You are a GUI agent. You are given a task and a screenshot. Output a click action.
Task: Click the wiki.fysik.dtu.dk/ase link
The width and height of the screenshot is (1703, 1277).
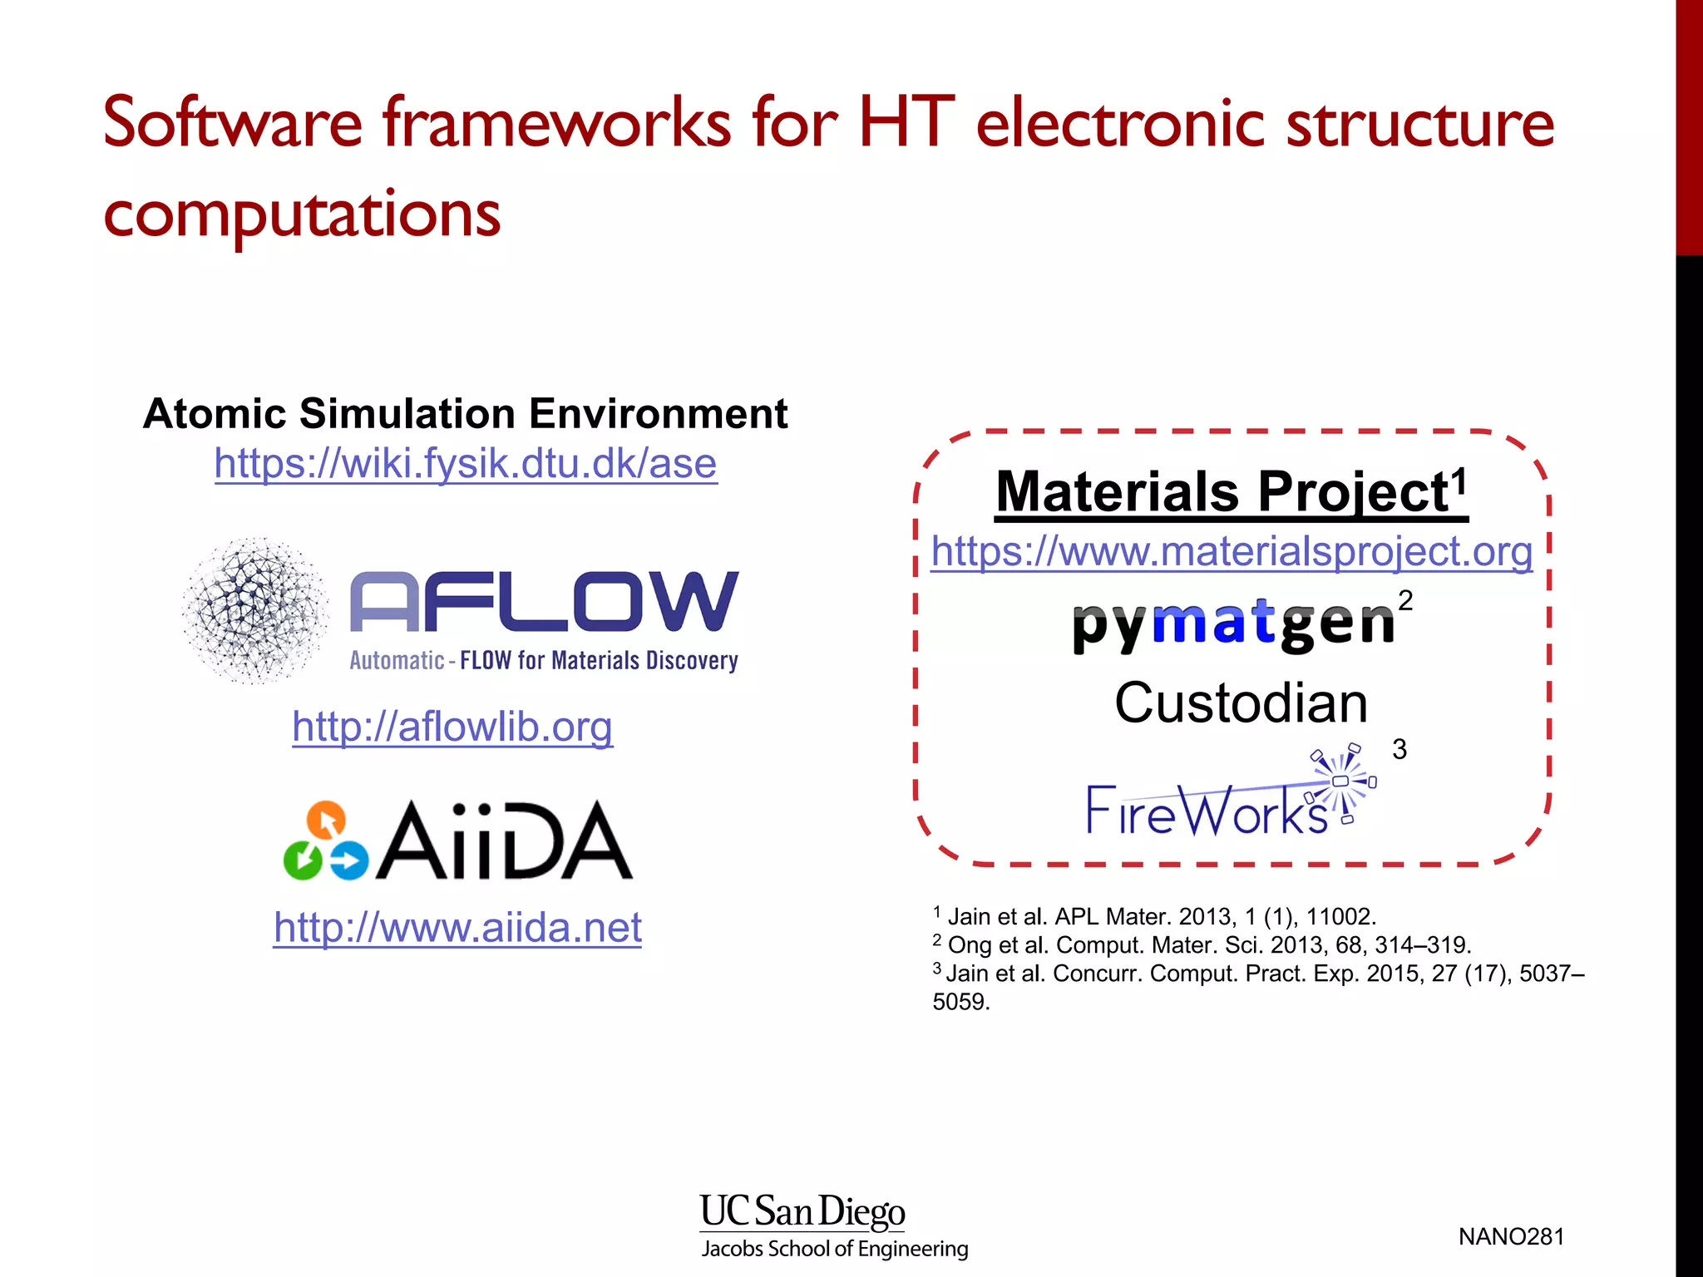click(466, 464)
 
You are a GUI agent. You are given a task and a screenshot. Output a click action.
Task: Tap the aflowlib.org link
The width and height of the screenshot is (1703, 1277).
click(452, 727)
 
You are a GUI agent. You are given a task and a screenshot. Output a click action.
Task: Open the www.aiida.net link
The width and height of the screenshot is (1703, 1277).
click(457, 927)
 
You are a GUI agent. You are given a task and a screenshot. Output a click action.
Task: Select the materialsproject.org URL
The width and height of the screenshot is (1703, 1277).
click(1232, 551)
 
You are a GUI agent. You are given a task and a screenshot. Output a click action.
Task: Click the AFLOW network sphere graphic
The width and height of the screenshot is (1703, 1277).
click(255, 611)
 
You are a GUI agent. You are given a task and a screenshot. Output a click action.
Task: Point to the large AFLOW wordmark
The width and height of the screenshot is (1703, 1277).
click(545, 602)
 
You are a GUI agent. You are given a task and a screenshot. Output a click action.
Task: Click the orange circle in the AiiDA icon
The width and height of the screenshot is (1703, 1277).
click(326, 820)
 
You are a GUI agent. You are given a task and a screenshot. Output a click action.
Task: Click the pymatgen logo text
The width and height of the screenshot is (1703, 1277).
click(1233, 624)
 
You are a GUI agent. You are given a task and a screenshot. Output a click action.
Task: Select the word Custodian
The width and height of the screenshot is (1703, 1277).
click(1241, 703)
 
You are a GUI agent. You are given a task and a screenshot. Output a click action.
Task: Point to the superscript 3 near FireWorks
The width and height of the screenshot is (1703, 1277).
click(1399, 749)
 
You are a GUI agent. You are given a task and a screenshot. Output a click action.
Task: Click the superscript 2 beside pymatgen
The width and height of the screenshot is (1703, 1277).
click(1405, 600)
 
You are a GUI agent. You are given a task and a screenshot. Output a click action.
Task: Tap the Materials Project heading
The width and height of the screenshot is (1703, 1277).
click(1231, 492)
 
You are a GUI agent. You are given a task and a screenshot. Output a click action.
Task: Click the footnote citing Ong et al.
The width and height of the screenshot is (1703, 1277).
click(1202, 945)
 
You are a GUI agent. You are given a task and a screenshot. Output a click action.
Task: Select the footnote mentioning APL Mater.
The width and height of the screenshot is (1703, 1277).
click(1156, 917)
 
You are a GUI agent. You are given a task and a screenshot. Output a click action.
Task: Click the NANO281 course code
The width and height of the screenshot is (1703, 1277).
click(1511, 1237)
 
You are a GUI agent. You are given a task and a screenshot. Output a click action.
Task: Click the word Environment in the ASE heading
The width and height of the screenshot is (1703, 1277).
click(658, 414)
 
